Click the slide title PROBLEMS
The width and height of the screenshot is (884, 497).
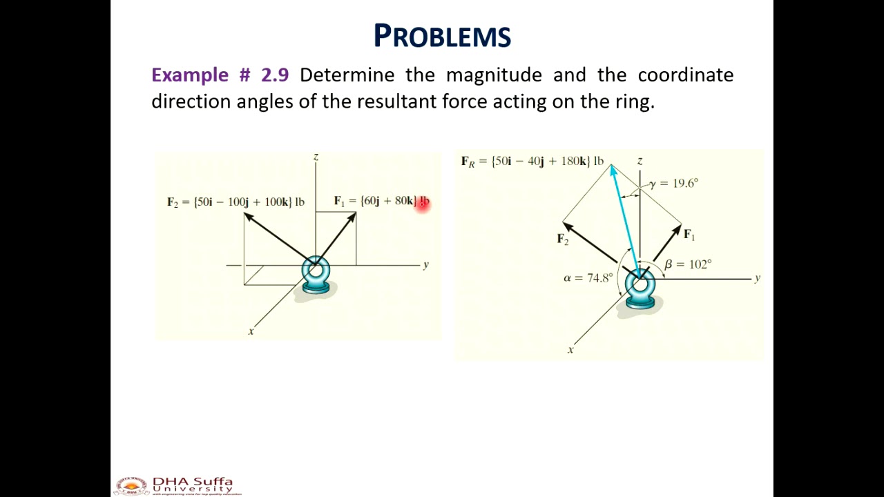[442, 36]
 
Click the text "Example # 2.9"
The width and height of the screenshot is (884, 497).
[220, 75]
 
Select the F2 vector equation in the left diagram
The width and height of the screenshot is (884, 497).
[236, 202]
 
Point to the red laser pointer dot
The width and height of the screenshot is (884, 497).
[423, 202]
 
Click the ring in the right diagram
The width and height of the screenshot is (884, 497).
[640, 286]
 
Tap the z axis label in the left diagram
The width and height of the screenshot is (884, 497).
[316, 157]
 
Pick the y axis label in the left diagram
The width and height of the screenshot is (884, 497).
[426, 264]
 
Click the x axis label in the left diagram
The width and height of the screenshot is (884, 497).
[251, 331]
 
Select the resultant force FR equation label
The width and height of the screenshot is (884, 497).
[532, 162]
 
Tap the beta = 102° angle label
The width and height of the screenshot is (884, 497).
[688, 264]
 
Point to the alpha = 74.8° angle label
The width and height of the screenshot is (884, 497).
[588, 277]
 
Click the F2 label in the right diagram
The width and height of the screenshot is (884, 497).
[563, 239]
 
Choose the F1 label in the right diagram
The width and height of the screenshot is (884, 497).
[689, 235]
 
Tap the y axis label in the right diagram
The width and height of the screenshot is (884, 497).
[758, 277]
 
